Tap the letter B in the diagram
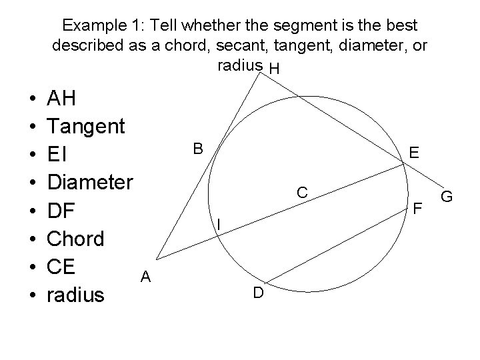point(198,148)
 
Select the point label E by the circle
point(415,154)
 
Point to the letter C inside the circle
point(302,193)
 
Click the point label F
point(419,208)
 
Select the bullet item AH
point(62,99)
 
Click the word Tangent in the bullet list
point(86,127)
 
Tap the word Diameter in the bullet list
point(91,183)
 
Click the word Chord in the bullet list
point(76,238)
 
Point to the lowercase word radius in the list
point(76,294)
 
